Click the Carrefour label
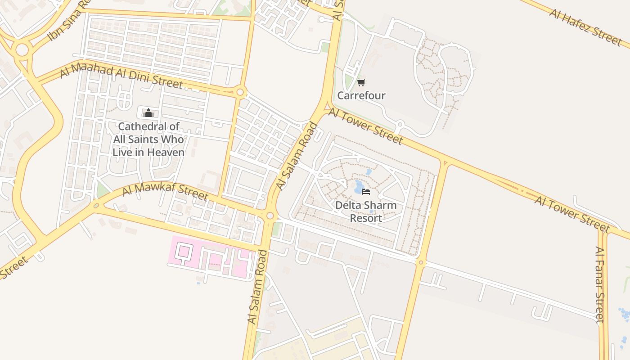(361, 95)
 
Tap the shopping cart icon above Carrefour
(361, 82)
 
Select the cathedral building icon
(148, 112)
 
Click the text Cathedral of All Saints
(148, 139)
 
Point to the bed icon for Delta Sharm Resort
(366, 192)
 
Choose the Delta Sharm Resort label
(366, 212)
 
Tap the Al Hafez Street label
(585, 26)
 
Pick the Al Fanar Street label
(599, 284)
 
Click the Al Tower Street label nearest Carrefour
(365, 126)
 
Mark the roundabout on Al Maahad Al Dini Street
(240, 93)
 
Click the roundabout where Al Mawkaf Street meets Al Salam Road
(270, 216)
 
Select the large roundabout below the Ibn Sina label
(22, 50)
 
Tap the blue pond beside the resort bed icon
(359, 186)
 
